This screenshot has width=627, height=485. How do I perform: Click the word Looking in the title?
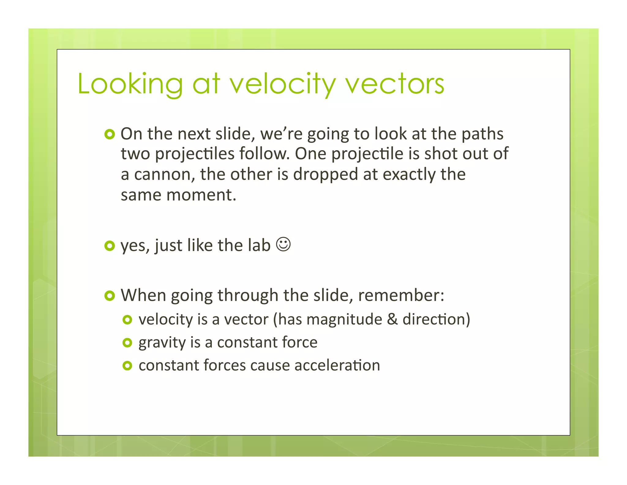[x=130, y=84]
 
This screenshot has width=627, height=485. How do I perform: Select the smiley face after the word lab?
[x=283, y=244]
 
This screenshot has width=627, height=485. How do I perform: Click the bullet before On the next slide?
[x=109, y=134]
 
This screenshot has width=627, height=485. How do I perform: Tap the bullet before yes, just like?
[x=109, y=246]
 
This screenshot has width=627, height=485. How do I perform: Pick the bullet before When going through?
[x=109, y=296]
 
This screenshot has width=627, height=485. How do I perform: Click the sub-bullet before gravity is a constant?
[x=127, y=343]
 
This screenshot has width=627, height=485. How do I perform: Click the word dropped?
[x=325, y=175]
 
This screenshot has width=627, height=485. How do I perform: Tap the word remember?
[x=401, y=295]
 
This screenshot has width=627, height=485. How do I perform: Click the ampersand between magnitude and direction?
[x=392, y=319]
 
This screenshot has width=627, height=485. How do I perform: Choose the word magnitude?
[x=344, y=319]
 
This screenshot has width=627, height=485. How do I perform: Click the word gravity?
[x=162, y=343]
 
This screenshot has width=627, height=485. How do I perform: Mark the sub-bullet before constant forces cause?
[x=127, y=366]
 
